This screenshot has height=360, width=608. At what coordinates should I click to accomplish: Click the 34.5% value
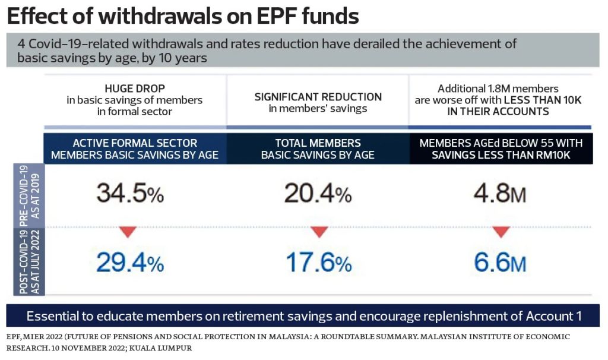pyautogui.click(x=130, y=193)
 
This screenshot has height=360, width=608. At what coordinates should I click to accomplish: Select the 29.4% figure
pyautogui.click(x=130, y=261)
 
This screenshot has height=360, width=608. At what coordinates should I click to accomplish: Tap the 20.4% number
pyautogui.click(x=318, y=193)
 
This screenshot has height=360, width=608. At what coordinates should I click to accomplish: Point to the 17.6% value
pyautogui.click(x=318, y=261)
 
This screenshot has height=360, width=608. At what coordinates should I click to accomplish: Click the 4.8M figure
pyautogui.click(x=501, y=193)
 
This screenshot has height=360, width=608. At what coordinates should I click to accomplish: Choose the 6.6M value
pyautogui.click(x=501, y=261)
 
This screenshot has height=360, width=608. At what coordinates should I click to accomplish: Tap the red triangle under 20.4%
pyautogui.click(x=319, y=230)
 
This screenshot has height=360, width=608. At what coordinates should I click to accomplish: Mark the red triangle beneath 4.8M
pyautogui.click(x=501, y=230)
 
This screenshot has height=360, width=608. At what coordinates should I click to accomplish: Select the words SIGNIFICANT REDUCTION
pyautogui.click(x=318, y=97)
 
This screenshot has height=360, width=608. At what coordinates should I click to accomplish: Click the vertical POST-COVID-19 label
pyautogui.click(x=26, y=262)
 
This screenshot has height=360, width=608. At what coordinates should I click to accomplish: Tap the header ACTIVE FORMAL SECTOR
pyautogui.click(x=135, y=143)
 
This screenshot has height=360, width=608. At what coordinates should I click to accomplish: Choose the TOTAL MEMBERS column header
pyautogui.click(x=318, y=143)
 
